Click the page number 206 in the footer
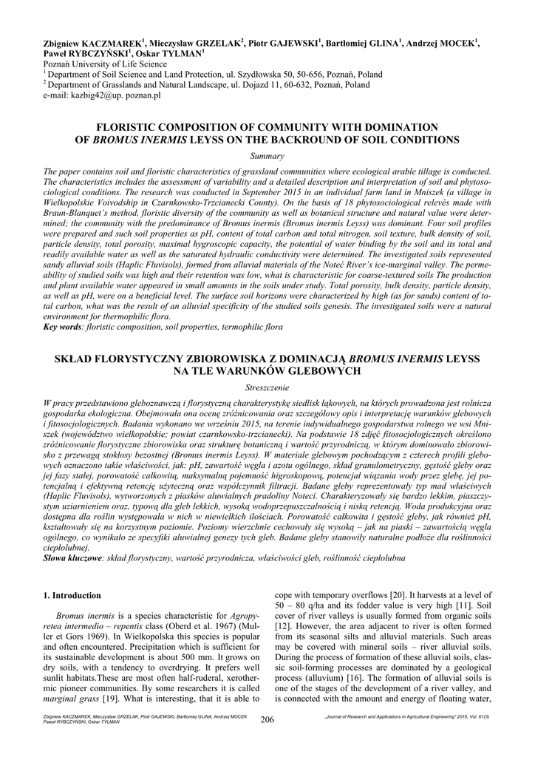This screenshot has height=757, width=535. point(267,719)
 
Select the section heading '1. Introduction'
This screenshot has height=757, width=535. point(72,595)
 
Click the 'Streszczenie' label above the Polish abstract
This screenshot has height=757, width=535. point(267,387)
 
